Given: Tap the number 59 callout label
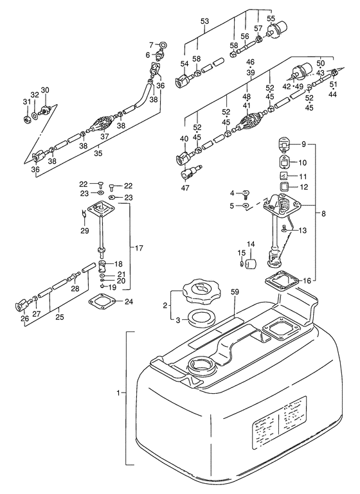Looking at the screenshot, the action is point(234,292).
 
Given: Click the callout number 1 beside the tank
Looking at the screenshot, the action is point(118,393).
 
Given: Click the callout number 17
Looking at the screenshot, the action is point(139,248).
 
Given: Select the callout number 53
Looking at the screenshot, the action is point(204,21).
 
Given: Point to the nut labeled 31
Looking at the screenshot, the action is point(27,119).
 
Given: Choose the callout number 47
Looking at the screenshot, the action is point(184,188).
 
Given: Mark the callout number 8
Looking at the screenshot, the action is point(324,214).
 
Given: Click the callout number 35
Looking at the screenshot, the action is point(98,154).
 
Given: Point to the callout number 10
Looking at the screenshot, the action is point(302,163).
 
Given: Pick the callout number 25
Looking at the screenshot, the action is point(59,317).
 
